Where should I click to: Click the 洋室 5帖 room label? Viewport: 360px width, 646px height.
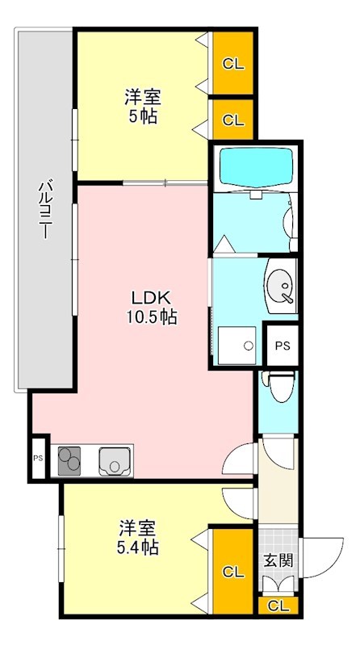coord(143,107)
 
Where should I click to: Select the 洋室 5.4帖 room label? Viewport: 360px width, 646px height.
coord(138,538)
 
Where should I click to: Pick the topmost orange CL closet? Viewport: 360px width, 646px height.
coord(233,63)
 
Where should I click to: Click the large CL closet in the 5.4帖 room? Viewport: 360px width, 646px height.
coord(233,572)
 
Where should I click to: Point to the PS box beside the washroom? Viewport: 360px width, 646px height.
coord(282,346)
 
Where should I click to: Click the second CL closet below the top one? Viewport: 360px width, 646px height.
coord(233,120)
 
